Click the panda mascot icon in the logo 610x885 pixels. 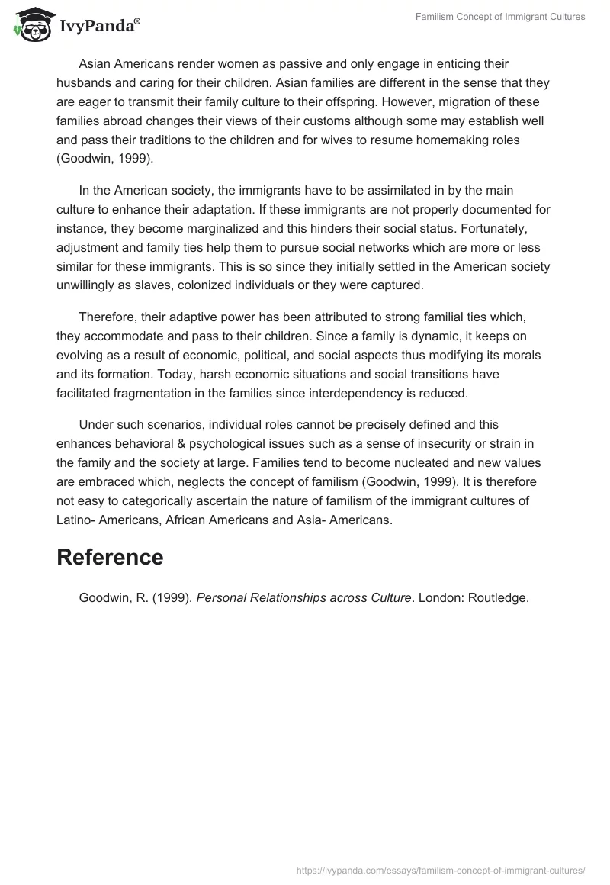(x=30, y=25)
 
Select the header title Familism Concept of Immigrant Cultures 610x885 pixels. (x=500, y=17)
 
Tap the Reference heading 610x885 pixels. (x=110, y=557)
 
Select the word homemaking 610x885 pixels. (x=475, y=140)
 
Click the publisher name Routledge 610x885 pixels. (x=499, y=598)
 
